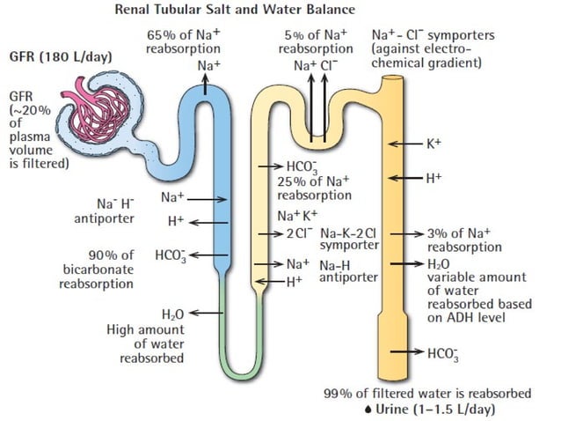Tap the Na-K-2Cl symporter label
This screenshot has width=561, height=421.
[x=348, y=240]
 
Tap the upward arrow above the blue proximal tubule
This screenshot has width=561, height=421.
[x=205, y=82]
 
